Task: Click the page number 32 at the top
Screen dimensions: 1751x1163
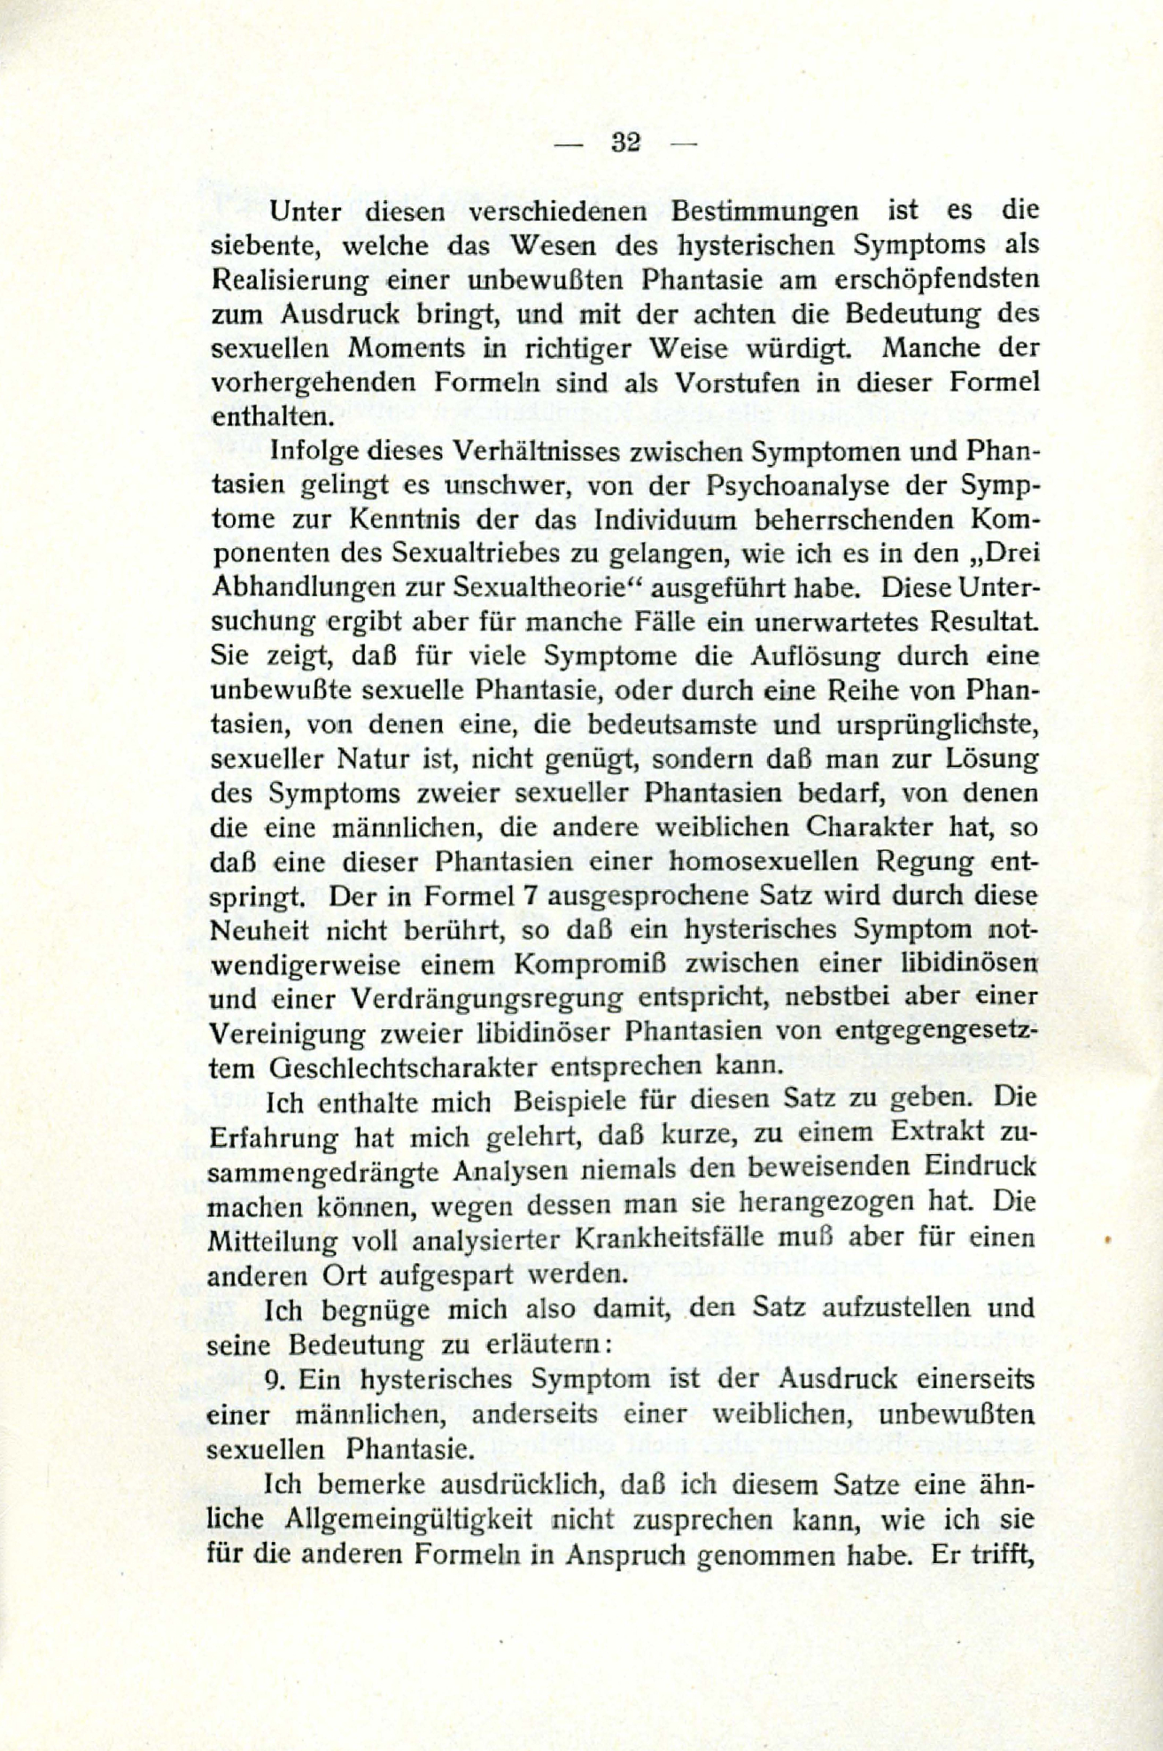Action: [x=626, y=143]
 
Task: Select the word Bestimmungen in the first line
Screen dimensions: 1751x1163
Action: [x=764, y=212]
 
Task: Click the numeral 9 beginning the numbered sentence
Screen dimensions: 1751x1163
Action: [x=273, y=1380]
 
